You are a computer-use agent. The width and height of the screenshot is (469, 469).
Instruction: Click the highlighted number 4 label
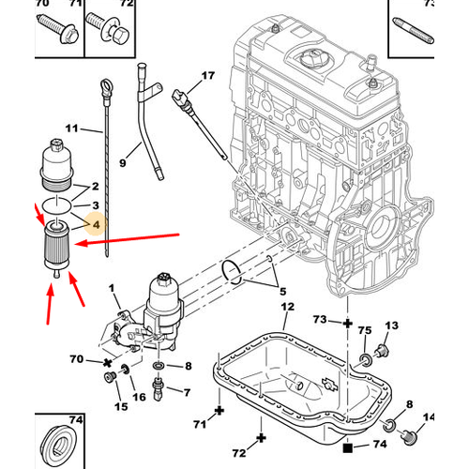[95, 225]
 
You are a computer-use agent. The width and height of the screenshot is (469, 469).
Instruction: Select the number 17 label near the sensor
[207, 74]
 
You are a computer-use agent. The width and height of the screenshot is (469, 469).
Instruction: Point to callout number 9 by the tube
[121, 163]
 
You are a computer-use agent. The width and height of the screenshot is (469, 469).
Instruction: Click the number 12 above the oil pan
[288, 307]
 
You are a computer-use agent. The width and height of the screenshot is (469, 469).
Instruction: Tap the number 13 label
[392, 325]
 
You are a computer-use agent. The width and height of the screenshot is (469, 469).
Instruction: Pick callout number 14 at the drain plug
[431, 416]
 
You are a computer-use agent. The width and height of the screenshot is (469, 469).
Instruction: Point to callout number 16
[140, 398]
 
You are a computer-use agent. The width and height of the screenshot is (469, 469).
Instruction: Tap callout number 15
[119, 405]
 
